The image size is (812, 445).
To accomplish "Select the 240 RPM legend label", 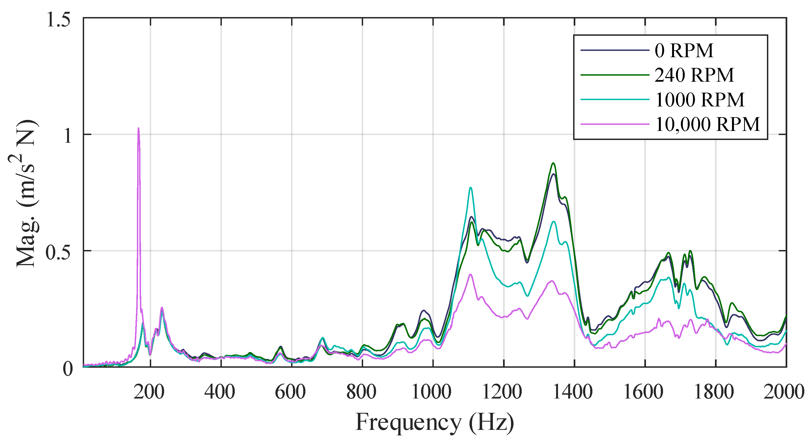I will pos(694,75).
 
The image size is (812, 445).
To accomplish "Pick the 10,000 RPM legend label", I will pos(707,124).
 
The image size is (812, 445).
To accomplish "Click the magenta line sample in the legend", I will pos(615,124).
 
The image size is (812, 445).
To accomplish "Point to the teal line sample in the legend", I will pos(615,100).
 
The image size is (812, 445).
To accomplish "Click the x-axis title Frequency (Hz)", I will pos(435,422).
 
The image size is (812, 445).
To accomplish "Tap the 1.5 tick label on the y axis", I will pos(58,20).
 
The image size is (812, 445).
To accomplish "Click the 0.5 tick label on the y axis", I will pos(58,251).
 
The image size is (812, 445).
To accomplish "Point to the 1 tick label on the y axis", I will pos(67,136).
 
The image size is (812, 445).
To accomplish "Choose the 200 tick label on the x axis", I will pos(149,392).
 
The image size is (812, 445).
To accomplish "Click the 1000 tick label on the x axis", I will pos(432,392).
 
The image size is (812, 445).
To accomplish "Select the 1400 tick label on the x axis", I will pos(573,392).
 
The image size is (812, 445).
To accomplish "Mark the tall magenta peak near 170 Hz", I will pos(138,129).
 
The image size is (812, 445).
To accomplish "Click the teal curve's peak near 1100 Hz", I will pos(471,188).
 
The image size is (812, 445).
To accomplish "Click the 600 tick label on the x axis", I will pos(290,392).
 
